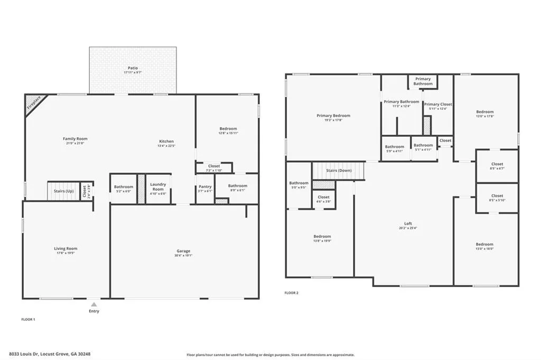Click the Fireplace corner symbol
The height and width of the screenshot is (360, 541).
pyautogui.click(x=33, y=103)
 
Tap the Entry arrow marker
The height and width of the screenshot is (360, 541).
pyautogui.click(x=94, y=305)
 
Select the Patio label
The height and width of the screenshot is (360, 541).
pyautogui.click(x=133, y=68)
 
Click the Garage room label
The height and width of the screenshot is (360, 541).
pyautogui.click(x=183, y=251)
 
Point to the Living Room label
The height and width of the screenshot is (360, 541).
pyautogui.click(x=66, y=248)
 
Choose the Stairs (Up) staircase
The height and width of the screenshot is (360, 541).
pyautogui.click(x=62, y=191)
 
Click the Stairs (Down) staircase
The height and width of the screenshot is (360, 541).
pyautogui.click(x=339, y=170)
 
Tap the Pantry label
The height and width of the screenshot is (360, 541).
pyautogui.click(x=205, y=186)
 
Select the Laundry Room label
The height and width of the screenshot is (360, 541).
pyautogui.click(x=158, y=186)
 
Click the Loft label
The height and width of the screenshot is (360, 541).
pyautogui.click(x=408, y=223)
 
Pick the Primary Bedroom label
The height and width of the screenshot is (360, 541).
pyautogui.click(x=333, y=116)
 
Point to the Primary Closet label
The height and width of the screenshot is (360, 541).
pyautogui.click(x=438, y=105)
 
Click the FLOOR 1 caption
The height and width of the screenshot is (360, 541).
pyautogui.click(x=28, y=319)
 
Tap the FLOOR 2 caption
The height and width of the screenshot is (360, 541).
pyautogui.click(x=292, y=292)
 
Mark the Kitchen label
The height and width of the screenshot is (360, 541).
pyautogui.click(x=166, y=141)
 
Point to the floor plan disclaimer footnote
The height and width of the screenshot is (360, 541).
pyautogui.click(x=270, y=355)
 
